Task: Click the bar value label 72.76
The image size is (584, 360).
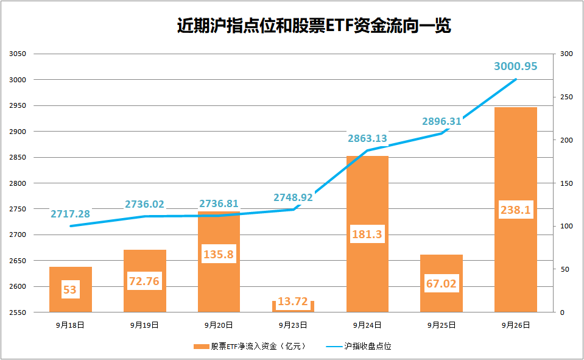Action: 145,281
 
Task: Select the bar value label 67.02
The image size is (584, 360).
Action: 442,283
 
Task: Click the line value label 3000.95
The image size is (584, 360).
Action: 515,66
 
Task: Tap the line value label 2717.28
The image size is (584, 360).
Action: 70,214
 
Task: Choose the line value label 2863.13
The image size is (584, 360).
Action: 367,138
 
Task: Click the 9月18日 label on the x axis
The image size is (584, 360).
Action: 71,325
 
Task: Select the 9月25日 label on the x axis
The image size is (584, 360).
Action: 442,325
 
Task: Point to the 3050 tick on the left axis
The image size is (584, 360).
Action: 18,54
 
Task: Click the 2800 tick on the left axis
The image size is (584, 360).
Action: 18,183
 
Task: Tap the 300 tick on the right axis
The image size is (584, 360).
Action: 567,54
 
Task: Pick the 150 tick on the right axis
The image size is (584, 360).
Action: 567,183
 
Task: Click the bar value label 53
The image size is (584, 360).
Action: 70,289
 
